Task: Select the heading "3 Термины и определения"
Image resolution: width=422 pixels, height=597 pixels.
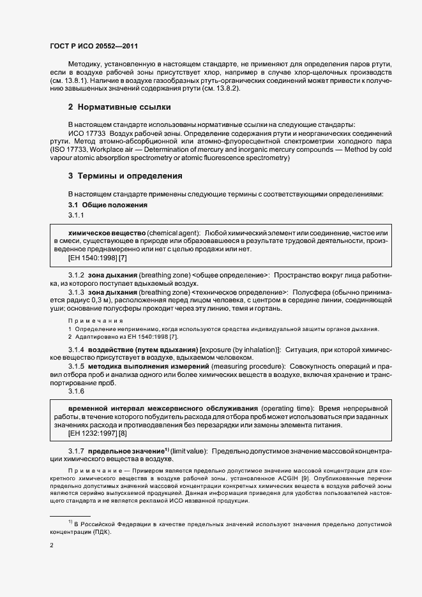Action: pyautogui.click(x=125, y=175)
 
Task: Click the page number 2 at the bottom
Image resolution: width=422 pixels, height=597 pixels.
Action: pyautogui.click(x=52, y=545)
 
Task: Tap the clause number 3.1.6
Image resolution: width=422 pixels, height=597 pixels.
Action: pyautogui.click(x=77, y=391)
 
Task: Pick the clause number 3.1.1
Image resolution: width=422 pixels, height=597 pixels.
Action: pyautogui.click(x=77, y=215)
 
